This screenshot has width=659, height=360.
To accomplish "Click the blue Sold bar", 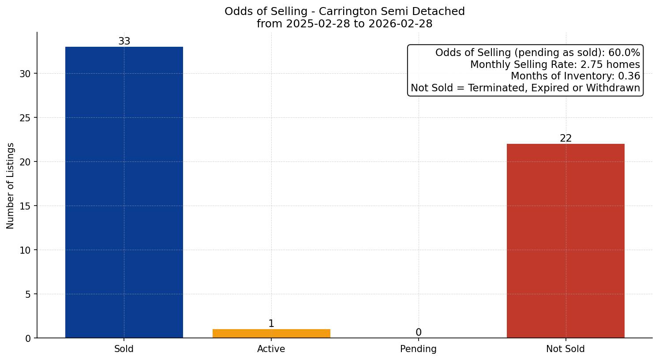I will pos(124,192).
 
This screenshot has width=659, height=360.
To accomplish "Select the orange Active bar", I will pos(271,334).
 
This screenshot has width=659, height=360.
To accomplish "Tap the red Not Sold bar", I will pos(565,241).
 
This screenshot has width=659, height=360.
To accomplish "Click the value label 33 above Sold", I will pos(124,41).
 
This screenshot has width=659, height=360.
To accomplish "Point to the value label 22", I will pos(565,139).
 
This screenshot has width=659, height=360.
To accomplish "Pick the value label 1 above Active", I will pos(271,324).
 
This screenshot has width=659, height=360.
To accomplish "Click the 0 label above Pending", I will pos(418,333).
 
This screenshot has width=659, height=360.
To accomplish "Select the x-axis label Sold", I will pos(124,349).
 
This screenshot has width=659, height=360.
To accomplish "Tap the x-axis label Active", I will pos(271,349).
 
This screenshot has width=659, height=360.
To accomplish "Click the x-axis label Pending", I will pos(418,349).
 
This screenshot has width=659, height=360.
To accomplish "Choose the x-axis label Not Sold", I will pos(565,349).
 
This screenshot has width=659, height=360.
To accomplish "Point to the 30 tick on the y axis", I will pos(25,74).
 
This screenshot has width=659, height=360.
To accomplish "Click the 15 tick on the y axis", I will pos(25,206).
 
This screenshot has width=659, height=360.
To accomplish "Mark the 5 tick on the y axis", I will pos(28,294).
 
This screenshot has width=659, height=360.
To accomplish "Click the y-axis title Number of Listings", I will pos(11,186).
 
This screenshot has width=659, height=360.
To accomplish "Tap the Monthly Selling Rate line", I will pos(555,64).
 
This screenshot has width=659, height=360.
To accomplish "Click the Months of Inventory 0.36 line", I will pos(575,76).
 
